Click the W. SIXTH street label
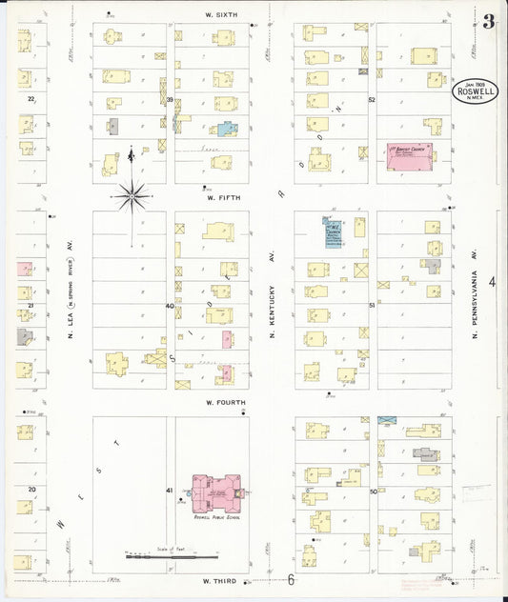221,14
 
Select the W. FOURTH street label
224,403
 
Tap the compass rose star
132,197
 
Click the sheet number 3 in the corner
487,23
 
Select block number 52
373,99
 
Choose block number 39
171,99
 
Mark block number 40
171,306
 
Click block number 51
373,305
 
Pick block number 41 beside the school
171,490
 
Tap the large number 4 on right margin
492,282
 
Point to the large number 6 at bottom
292,579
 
